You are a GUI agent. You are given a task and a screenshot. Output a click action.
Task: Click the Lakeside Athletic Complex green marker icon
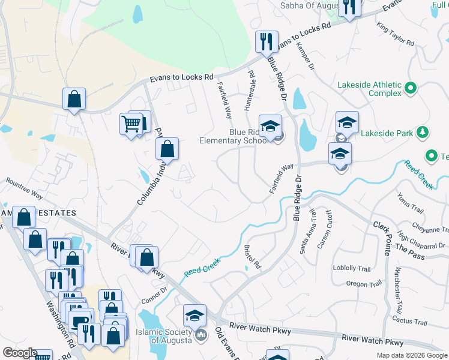[411, 88]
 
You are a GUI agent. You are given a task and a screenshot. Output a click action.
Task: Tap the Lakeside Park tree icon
[423, 131]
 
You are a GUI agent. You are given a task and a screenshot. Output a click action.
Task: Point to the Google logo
[19, 353]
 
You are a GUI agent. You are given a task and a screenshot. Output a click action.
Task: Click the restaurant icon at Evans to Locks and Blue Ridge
[265, 41]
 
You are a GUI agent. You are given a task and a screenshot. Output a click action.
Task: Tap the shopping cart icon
[131, 124]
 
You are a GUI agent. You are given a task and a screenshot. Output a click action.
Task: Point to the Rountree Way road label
[24, 188]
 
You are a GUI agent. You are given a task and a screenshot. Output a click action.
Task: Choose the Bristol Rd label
[253, 256]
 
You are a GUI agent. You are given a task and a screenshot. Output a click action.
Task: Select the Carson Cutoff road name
[325, 229]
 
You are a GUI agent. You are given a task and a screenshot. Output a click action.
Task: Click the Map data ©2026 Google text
[411, 355]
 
